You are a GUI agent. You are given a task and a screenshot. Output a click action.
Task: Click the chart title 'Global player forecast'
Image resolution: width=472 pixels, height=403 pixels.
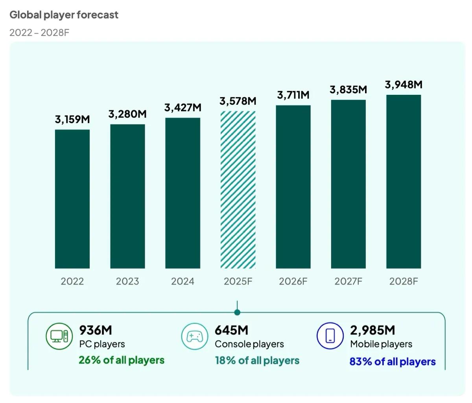(x=64, y=15)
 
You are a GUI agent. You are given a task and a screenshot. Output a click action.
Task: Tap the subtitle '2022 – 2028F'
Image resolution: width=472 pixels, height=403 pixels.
(x=39, y=32)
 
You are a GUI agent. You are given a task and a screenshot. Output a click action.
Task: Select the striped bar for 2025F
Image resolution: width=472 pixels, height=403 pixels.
(x=238, y=190)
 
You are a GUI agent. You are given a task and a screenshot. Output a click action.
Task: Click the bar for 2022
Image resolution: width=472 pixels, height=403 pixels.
(x=72, y=199)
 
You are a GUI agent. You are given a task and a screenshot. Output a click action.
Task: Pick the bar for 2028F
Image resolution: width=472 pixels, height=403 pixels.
(x=404, y=181)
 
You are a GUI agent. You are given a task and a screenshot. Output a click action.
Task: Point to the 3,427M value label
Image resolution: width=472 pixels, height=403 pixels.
(x=183, y=107)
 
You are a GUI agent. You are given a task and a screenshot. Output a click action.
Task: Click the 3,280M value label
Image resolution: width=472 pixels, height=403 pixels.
(x=127, y=114)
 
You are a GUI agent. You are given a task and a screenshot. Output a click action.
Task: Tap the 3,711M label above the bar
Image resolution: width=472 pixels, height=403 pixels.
(x=293, y=95)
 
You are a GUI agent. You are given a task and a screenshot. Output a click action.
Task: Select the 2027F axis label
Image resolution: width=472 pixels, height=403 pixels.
(x=348, y=281)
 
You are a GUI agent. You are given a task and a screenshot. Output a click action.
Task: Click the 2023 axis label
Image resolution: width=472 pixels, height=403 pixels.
(x=127, y=281)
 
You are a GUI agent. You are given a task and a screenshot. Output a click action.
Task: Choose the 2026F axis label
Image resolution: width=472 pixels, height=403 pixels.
(x=293, y=281)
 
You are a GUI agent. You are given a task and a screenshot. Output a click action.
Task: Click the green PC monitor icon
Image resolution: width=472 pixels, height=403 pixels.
(x=59, y=336)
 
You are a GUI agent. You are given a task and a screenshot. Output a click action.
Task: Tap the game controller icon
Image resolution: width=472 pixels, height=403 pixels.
(x=194, y=336)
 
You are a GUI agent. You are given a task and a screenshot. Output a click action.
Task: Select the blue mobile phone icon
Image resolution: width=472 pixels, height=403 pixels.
(x=330, y=336)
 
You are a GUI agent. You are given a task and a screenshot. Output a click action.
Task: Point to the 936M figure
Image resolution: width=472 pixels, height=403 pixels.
(x=96, y=330)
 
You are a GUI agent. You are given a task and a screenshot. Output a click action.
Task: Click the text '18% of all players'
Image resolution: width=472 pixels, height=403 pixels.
(x=257, y=360)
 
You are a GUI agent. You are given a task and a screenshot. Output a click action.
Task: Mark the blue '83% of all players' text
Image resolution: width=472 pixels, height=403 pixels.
(x=392, y=361)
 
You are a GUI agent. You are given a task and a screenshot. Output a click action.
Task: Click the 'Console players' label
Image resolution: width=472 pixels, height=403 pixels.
(x=249, y=344)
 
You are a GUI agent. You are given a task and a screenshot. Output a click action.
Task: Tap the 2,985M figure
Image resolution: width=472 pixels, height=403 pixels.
(x=372, y=330)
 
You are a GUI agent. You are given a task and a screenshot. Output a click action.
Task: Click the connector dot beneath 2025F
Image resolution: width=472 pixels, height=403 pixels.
(x=237, y=312)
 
